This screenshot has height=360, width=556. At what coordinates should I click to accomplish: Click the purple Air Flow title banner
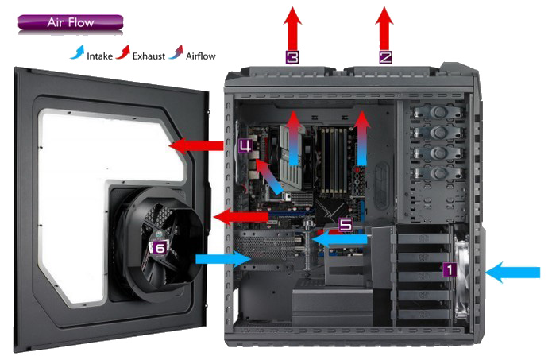[x=71, y=22]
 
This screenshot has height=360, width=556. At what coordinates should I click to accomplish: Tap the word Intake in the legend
[x=99, y=56]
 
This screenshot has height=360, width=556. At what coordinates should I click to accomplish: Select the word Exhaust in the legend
[x=149, y=56]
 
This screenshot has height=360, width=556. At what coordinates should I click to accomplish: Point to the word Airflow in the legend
[x=200, y=56]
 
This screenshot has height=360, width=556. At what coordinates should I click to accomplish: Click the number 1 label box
[x=450, y=269]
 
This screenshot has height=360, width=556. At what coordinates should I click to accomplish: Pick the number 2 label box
[x=385, y=57]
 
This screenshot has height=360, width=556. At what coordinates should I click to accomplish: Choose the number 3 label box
[x=292, y=57]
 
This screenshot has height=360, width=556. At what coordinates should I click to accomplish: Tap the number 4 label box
[x=245, y=145]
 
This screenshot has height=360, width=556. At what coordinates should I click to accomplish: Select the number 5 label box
[x=346, y=225]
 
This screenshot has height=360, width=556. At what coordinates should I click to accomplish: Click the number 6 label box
[x=160, y=248]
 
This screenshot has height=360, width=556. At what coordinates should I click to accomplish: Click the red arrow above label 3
[x=292, y=29]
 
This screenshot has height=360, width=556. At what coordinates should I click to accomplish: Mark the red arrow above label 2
[x=384, y=29]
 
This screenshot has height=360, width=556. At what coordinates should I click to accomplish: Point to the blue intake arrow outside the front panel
[x=512, y=273]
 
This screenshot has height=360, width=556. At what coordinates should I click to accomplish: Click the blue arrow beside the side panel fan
[x=223, y=258]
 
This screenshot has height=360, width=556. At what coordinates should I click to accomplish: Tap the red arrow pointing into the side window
[x=196, y=145]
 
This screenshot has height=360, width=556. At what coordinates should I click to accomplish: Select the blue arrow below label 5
[x=340, y=239]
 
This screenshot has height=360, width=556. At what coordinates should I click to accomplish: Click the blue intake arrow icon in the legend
[x=77, y=52]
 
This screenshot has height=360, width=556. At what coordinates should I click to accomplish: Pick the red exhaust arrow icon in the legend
[x=122, y=52]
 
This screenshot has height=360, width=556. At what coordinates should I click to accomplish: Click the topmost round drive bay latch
[x=439, y=112]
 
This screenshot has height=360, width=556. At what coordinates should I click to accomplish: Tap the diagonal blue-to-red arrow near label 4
[x=268, y=176]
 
